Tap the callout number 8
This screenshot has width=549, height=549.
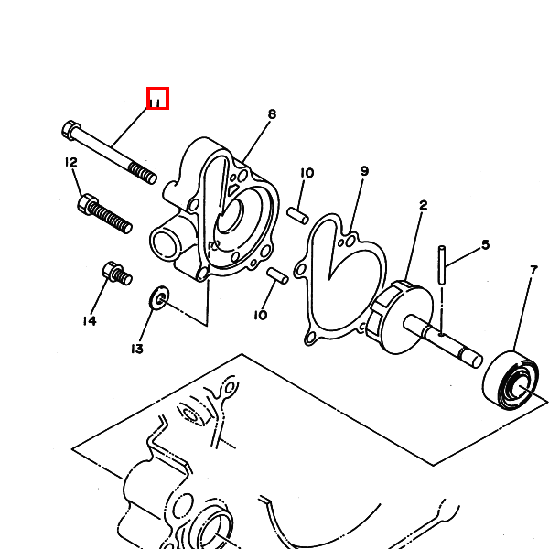point(272,114)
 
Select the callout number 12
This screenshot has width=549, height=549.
point(71,163)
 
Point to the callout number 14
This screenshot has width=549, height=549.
point(90,321)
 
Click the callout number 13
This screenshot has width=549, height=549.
point(137,349)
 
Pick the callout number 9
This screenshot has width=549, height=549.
point(364,171)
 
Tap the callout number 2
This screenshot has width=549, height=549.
point(424,205)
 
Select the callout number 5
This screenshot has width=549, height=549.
point(485,244)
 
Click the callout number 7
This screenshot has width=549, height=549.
point(533,270)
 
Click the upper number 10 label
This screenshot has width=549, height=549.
point(307,173)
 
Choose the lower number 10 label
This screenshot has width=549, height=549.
point(260,316)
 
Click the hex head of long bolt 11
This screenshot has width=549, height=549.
point(71,130)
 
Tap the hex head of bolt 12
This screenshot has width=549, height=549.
point(87,204)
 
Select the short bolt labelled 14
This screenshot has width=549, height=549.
point(117,273)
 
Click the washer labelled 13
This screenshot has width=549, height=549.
point(159,298)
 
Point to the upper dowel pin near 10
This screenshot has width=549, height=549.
point(297,216)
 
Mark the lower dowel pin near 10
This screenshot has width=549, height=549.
point(277,276)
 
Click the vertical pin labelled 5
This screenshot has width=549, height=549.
point(442,265)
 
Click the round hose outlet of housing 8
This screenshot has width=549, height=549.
point(164,242)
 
